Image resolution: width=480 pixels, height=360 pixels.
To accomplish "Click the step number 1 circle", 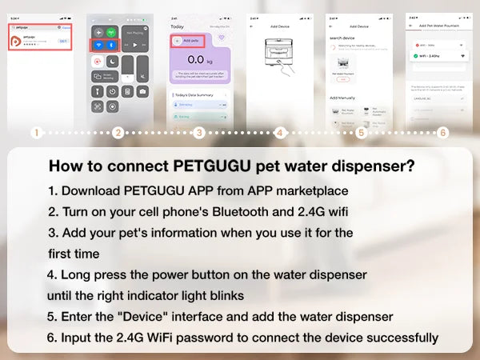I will [35, 133].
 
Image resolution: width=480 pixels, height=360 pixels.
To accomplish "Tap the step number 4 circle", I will [280, 133].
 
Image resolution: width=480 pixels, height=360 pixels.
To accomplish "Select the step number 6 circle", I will [443, 133].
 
